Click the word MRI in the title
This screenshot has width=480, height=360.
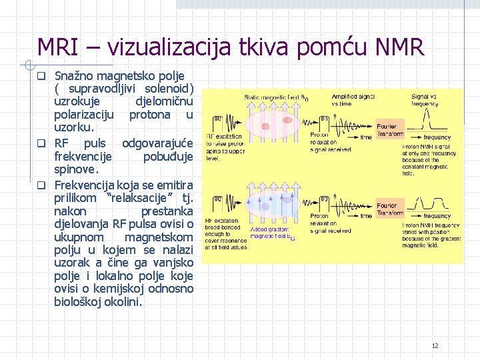tap(59, 47)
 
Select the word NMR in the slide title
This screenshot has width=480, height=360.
tap(399, 47)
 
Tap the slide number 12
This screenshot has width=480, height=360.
tap(435, 345)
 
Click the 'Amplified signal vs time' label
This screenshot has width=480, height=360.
tap(353, 100)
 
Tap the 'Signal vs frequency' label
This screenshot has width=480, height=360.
tap(425, 100)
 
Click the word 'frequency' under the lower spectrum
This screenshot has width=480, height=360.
tap(437, 216)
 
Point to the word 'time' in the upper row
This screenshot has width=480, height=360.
tap(366, 137)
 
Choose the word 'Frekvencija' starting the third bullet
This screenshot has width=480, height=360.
tap(84, 185)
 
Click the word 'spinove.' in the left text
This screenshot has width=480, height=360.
tap(76, 170)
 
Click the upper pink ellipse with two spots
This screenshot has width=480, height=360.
tap(267, 123)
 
